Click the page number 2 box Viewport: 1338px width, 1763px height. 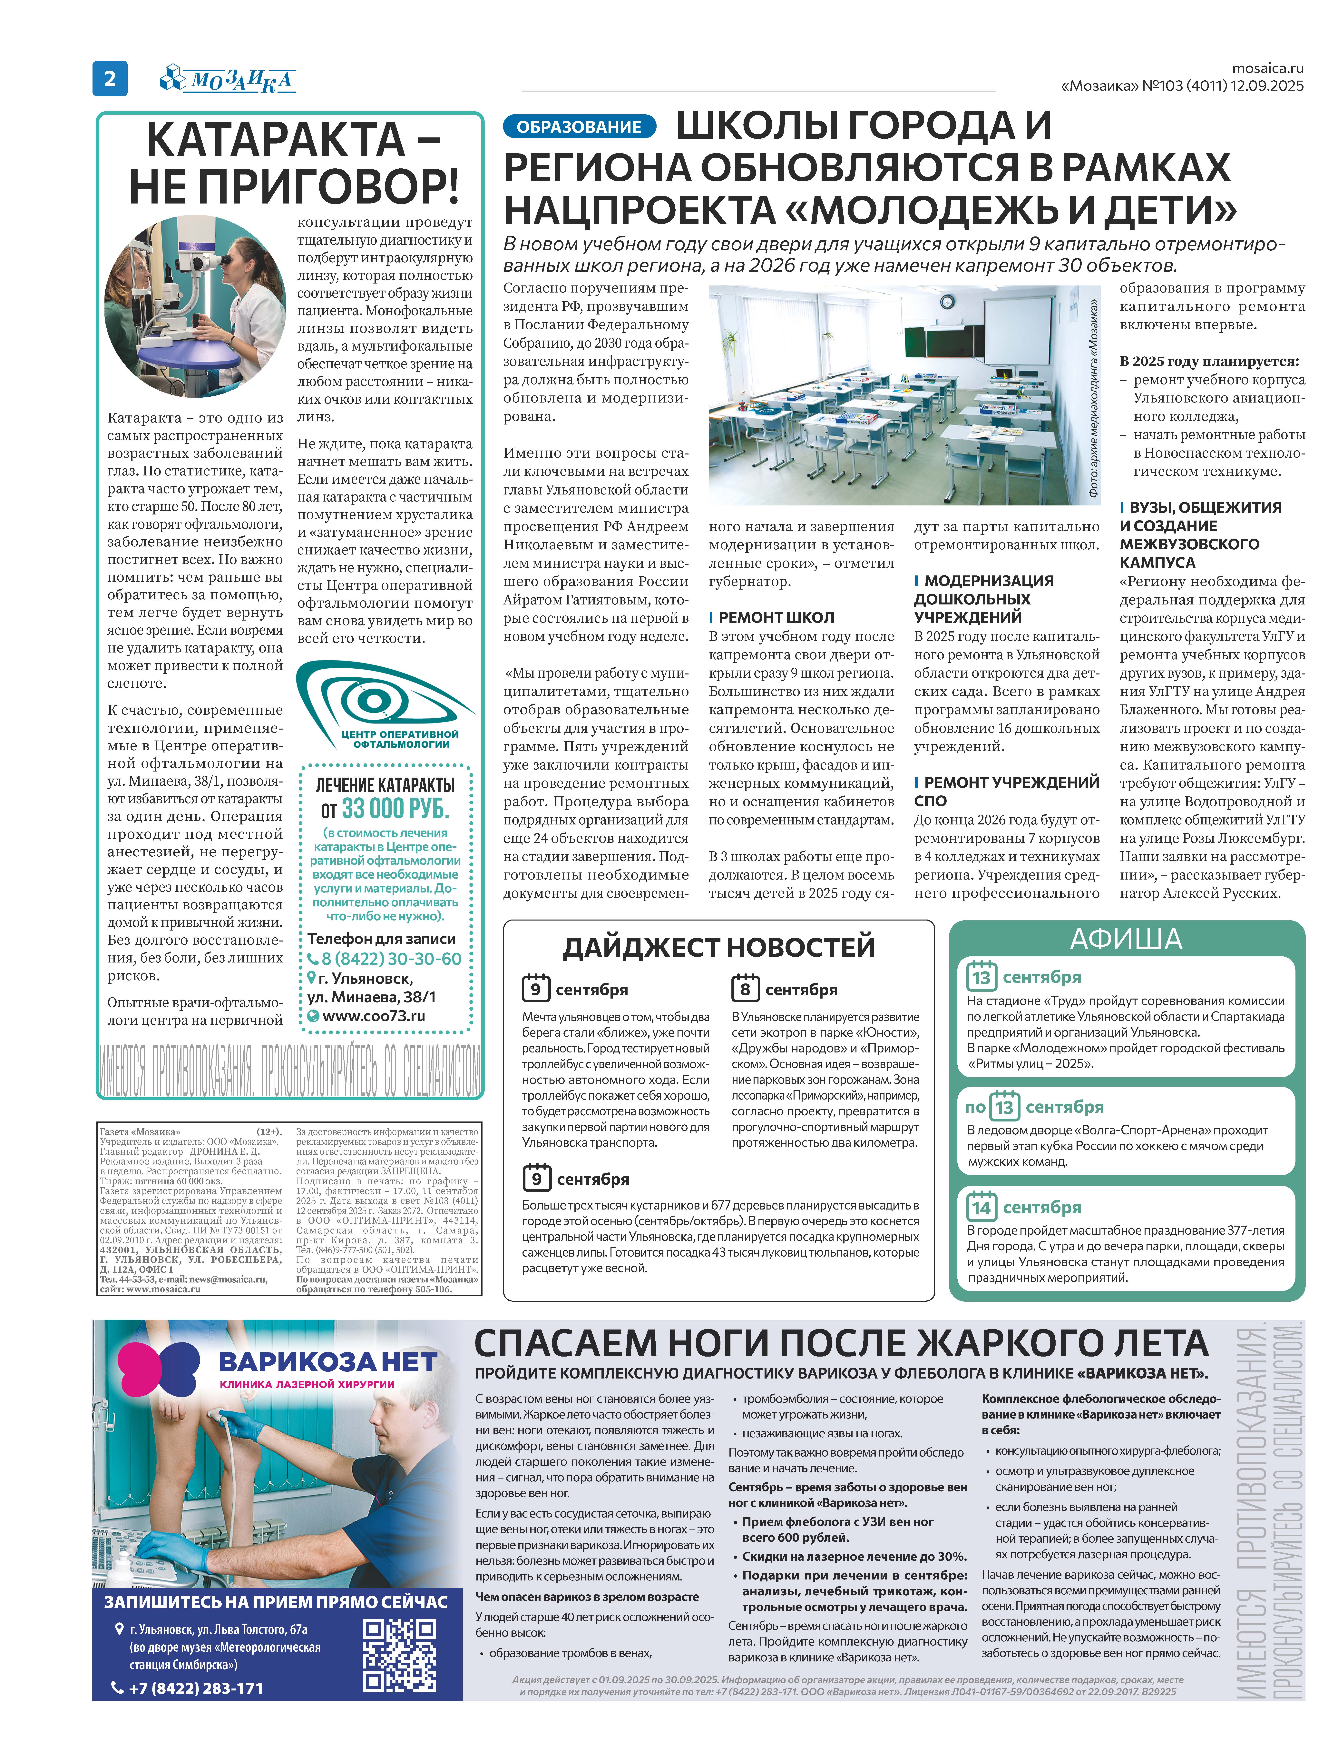[110, 78]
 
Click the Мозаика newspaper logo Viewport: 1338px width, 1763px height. [229, 79]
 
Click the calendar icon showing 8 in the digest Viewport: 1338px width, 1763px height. [745, 988]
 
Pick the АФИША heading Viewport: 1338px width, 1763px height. [1125, 939]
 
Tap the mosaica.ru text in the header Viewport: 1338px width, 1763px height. [1267, 69]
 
